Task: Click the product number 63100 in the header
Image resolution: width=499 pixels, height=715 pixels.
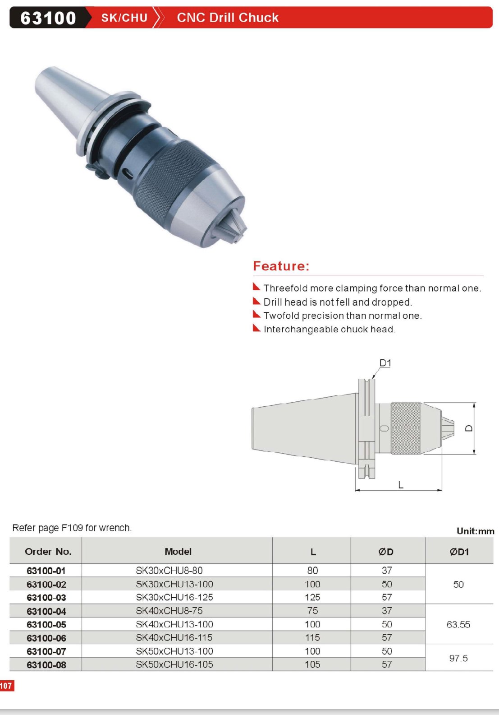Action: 48,18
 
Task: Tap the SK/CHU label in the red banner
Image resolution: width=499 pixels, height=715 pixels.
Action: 124,18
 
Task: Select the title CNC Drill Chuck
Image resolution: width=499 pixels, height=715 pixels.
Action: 228,18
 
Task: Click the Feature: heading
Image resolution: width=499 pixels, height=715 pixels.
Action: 281,266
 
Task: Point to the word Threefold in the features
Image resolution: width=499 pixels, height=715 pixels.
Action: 285,288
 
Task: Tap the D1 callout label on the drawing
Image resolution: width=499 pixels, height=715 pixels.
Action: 385,363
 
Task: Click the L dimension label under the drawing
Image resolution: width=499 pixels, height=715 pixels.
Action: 401,485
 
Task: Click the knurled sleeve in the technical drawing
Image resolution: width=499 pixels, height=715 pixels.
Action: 406,428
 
